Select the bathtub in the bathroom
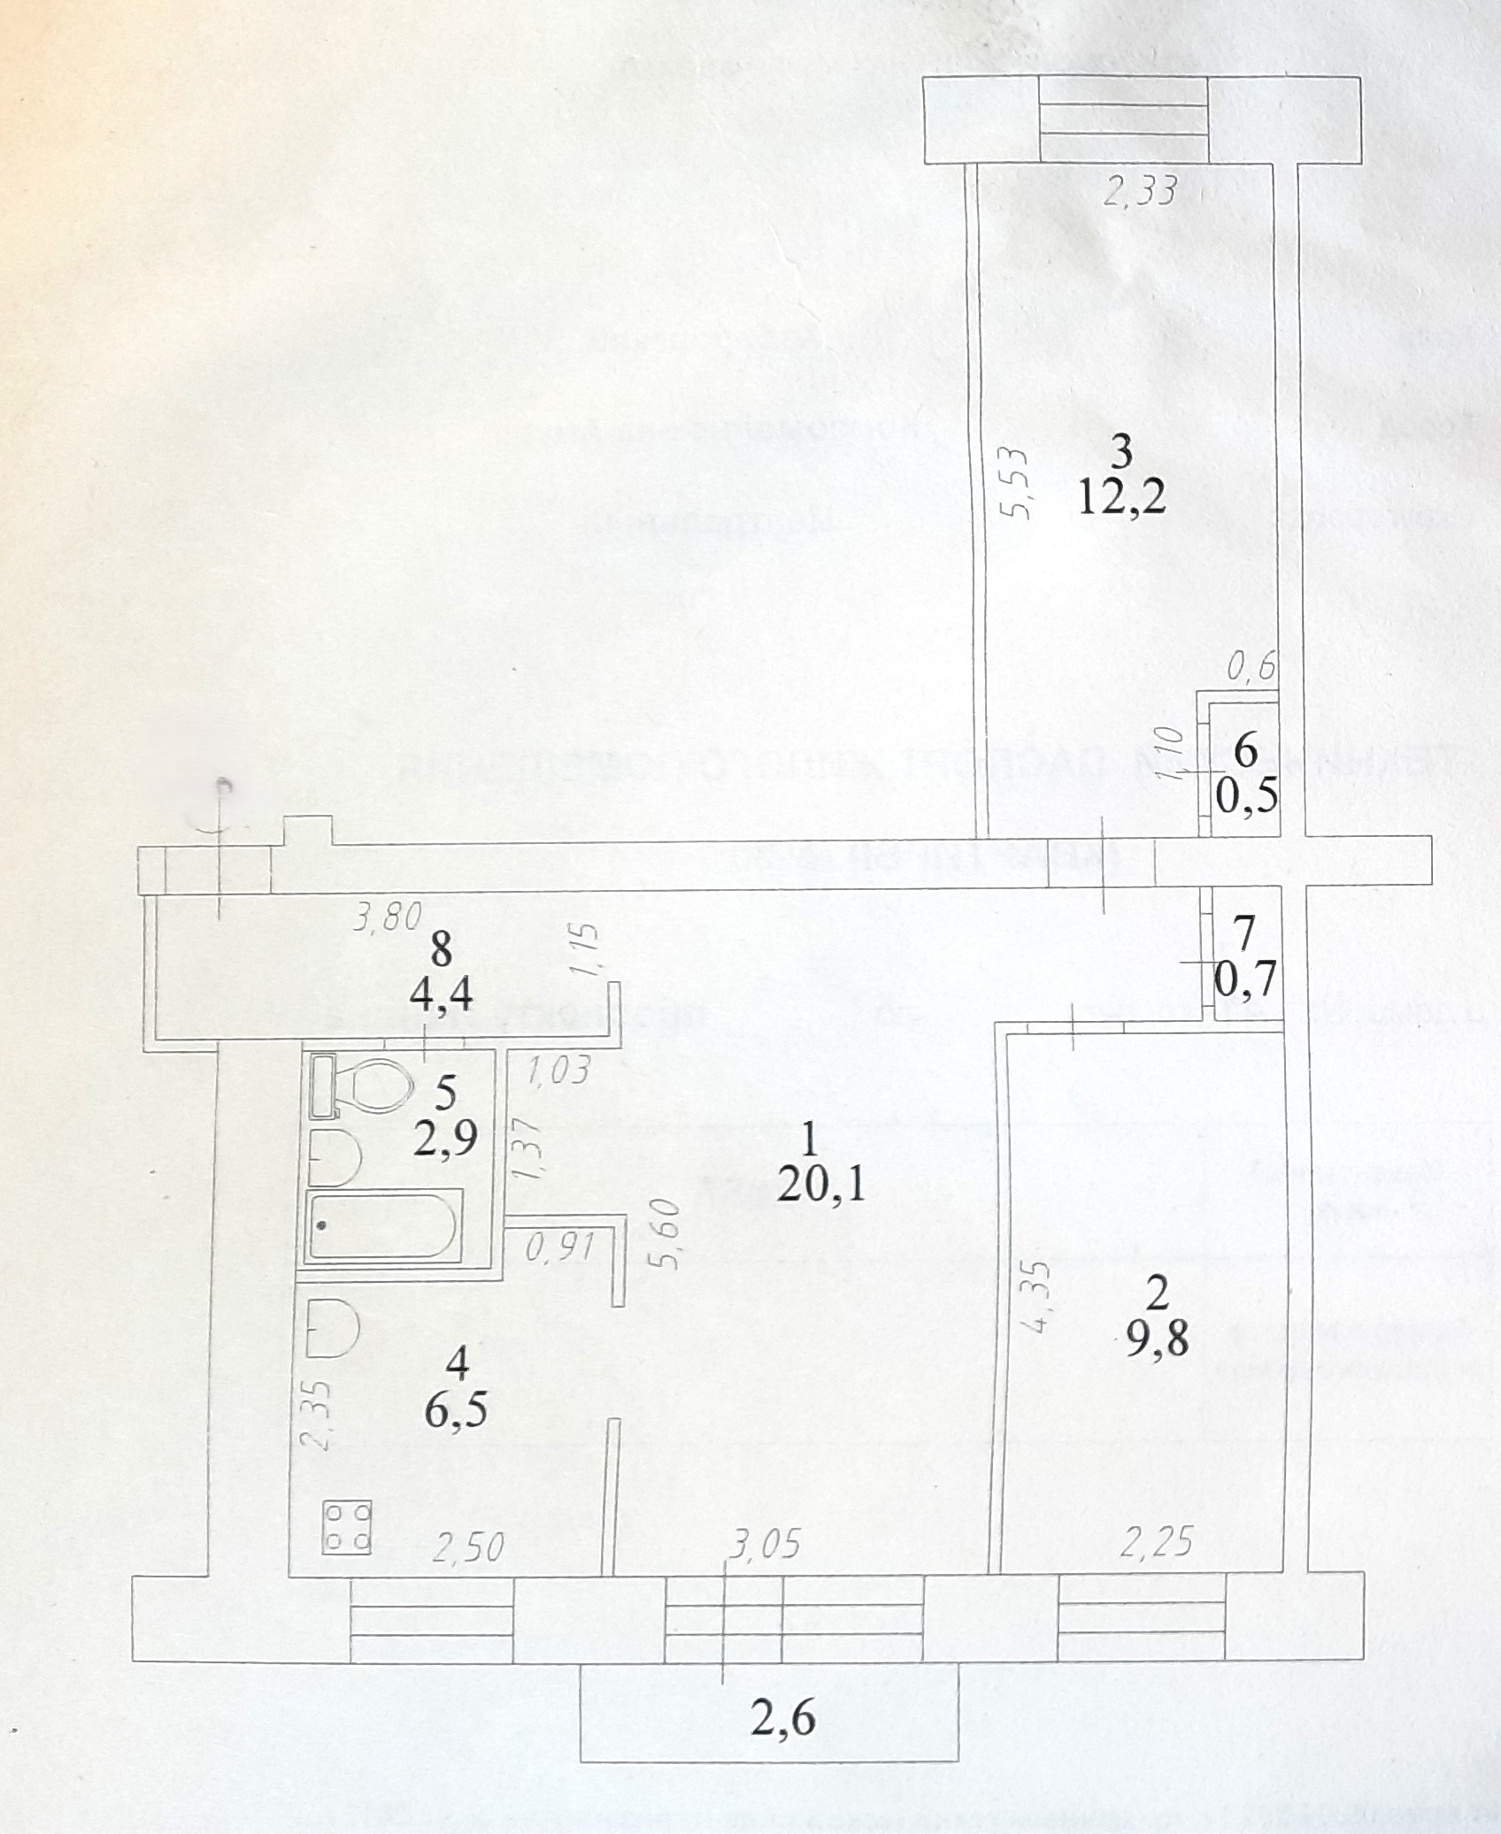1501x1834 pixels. [x=381, y=1226]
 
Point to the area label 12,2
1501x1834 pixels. [x=1121, y=499]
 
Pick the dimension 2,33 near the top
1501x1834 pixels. [x=1140, y=190]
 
